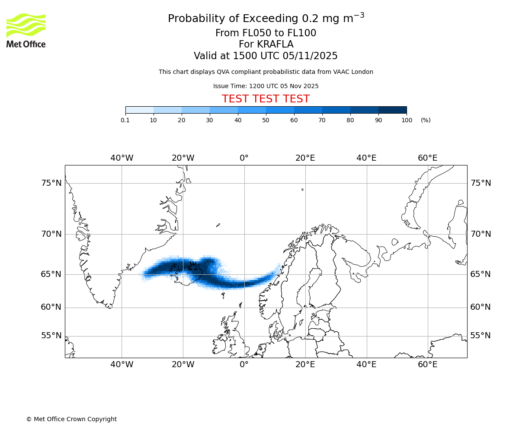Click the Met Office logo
(26, 30)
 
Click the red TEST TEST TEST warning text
(266, 99)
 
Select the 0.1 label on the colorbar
(125, 121)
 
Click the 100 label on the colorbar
(407, 121)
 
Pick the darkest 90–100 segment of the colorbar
(392, 110)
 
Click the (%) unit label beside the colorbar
(426, 121)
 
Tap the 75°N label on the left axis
(51, 183)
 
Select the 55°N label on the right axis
(481, 336)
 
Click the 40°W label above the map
(122, 158)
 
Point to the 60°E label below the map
(427, 365)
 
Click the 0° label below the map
(244, 365)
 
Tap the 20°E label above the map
(305, 158)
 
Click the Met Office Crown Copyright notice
(71, 419)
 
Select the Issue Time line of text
(266, 86)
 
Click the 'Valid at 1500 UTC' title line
(266, 56)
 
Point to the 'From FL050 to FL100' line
(266, 33)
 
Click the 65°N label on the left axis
(51, 274)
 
